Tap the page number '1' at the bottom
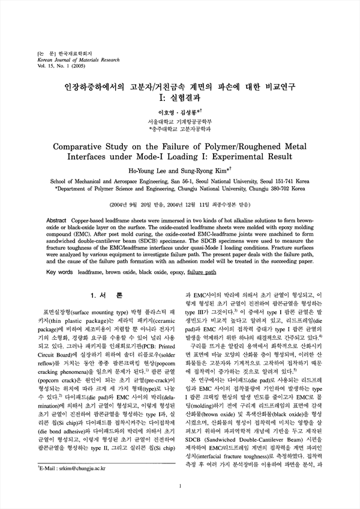(180, 487)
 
